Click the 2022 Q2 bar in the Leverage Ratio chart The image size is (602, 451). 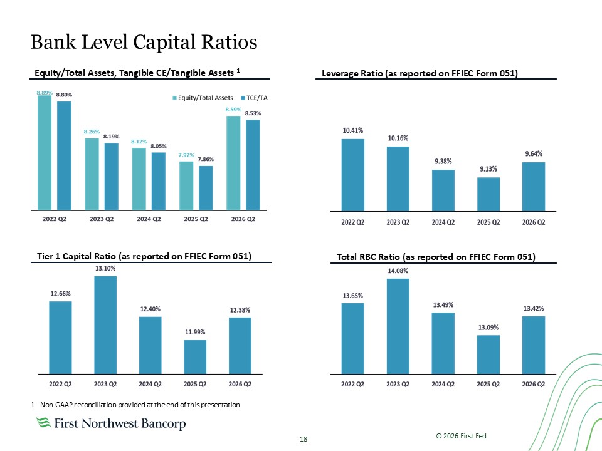[x=353, y=175]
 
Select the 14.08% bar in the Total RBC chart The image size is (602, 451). [x=398, y=326]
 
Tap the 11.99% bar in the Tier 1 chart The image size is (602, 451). [x=195, y=356]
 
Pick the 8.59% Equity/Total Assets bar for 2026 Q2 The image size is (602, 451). [x=233, y=163]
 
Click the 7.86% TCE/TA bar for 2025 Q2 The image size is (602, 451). [x=206, y=188]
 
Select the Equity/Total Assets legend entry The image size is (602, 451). [x=203, y=98]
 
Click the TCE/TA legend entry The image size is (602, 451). [x=254, y=98]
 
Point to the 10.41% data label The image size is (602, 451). [x=353, y=130]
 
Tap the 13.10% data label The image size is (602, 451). [x=105, y=268]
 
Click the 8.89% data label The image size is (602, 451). [x=45, y=93]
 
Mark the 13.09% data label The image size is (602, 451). [x=488, y=327]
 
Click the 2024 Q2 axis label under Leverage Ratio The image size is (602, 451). [x=443, y=222]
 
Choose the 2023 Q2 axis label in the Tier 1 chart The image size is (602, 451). [x=105, y=384]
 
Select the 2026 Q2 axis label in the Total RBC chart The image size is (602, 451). [x=533, y=384]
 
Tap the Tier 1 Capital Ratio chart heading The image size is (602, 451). [x=144, y=256]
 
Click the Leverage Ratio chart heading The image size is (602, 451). [x=420, y=73]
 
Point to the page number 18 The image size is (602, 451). [x=304, y=439]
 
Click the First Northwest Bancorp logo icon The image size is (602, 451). [x=43, y=422]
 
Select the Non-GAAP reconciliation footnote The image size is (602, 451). [x=135, y=405]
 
